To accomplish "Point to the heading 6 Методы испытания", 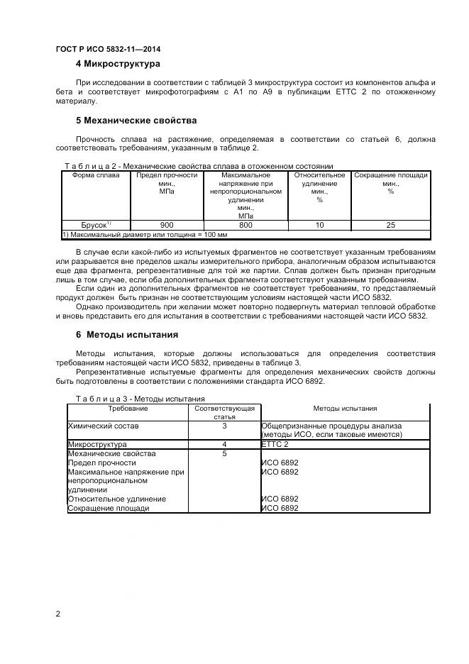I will pyautogui.click(x=127, y=334).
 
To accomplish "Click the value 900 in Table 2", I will pyautogui.click(x=167, y=225).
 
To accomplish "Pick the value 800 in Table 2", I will pyautogui.click(x=245, y=225).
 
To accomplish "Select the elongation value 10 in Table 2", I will pyautogui.click(x=319, y=225).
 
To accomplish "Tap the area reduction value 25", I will pyautogui.click(x=390, y=225).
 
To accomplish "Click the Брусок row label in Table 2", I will pyautogui.click(x=96, y=225).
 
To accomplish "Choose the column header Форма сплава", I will pyautogui.click(x=96, y=175).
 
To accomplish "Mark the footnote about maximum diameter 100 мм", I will pyautogui.click(x=145, y=234).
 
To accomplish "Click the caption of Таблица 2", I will pyautogui.click(x=199, y=166).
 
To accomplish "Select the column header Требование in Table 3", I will pyautogui.click(x=128, y=409).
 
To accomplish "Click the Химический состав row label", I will pyautogui.click(x=103, y=426).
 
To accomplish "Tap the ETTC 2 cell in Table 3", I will pyautogui.click(x=275, y=444).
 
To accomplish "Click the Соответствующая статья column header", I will pyautogui.click(x=224, y=413).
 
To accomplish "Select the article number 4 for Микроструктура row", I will pyautogui.click(x=224, y=444).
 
